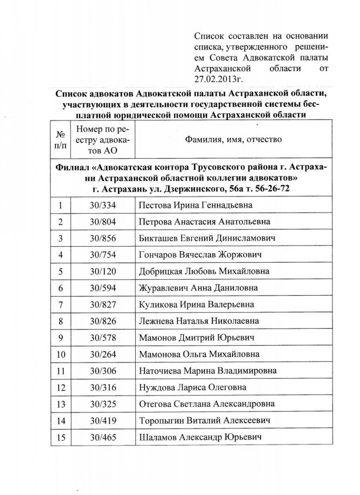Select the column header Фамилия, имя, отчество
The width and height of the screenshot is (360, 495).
pos(233,139)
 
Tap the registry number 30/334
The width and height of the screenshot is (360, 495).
pos(103,205)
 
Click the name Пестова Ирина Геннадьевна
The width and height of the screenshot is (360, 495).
pos(195,205)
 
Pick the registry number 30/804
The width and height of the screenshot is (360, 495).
pos(103,221)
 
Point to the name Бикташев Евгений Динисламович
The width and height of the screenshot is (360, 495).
pos(207,238)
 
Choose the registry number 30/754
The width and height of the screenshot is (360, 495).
pos(103,255)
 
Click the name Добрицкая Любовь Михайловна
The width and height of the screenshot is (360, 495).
pos(204,271)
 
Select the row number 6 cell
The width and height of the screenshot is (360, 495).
pos(60,288)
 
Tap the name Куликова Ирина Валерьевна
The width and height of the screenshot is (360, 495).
pos(196,304)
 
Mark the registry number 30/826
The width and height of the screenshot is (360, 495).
pos(103,321)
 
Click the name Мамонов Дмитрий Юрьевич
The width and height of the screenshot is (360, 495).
pos(196,338)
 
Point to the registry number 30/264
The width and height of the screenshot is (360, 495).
pos(103,354)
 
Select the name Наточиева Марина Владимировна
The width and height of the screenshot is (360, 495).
pos(208,371)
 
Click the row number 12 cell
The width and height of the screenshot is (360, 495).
pos(60,387)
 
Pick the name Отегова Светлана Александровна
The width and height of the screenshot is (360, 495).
pos(207,404)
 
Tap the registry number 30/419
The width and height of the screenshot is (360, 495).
pos(103,420)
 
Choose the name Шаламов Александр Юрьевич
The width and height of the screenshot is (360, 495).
pos(200,437)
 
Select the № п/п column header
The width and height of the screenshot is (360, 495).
pos(60,139)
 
